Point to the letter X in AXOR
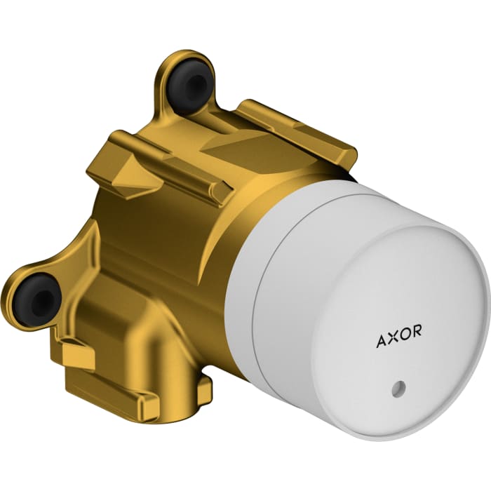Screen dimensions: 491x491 click(x=392, y=340)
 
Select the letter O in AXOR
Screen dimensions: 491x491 click(x=405, y=339)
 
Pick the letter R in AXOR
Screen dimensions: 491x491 click(x=417, y=337)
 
